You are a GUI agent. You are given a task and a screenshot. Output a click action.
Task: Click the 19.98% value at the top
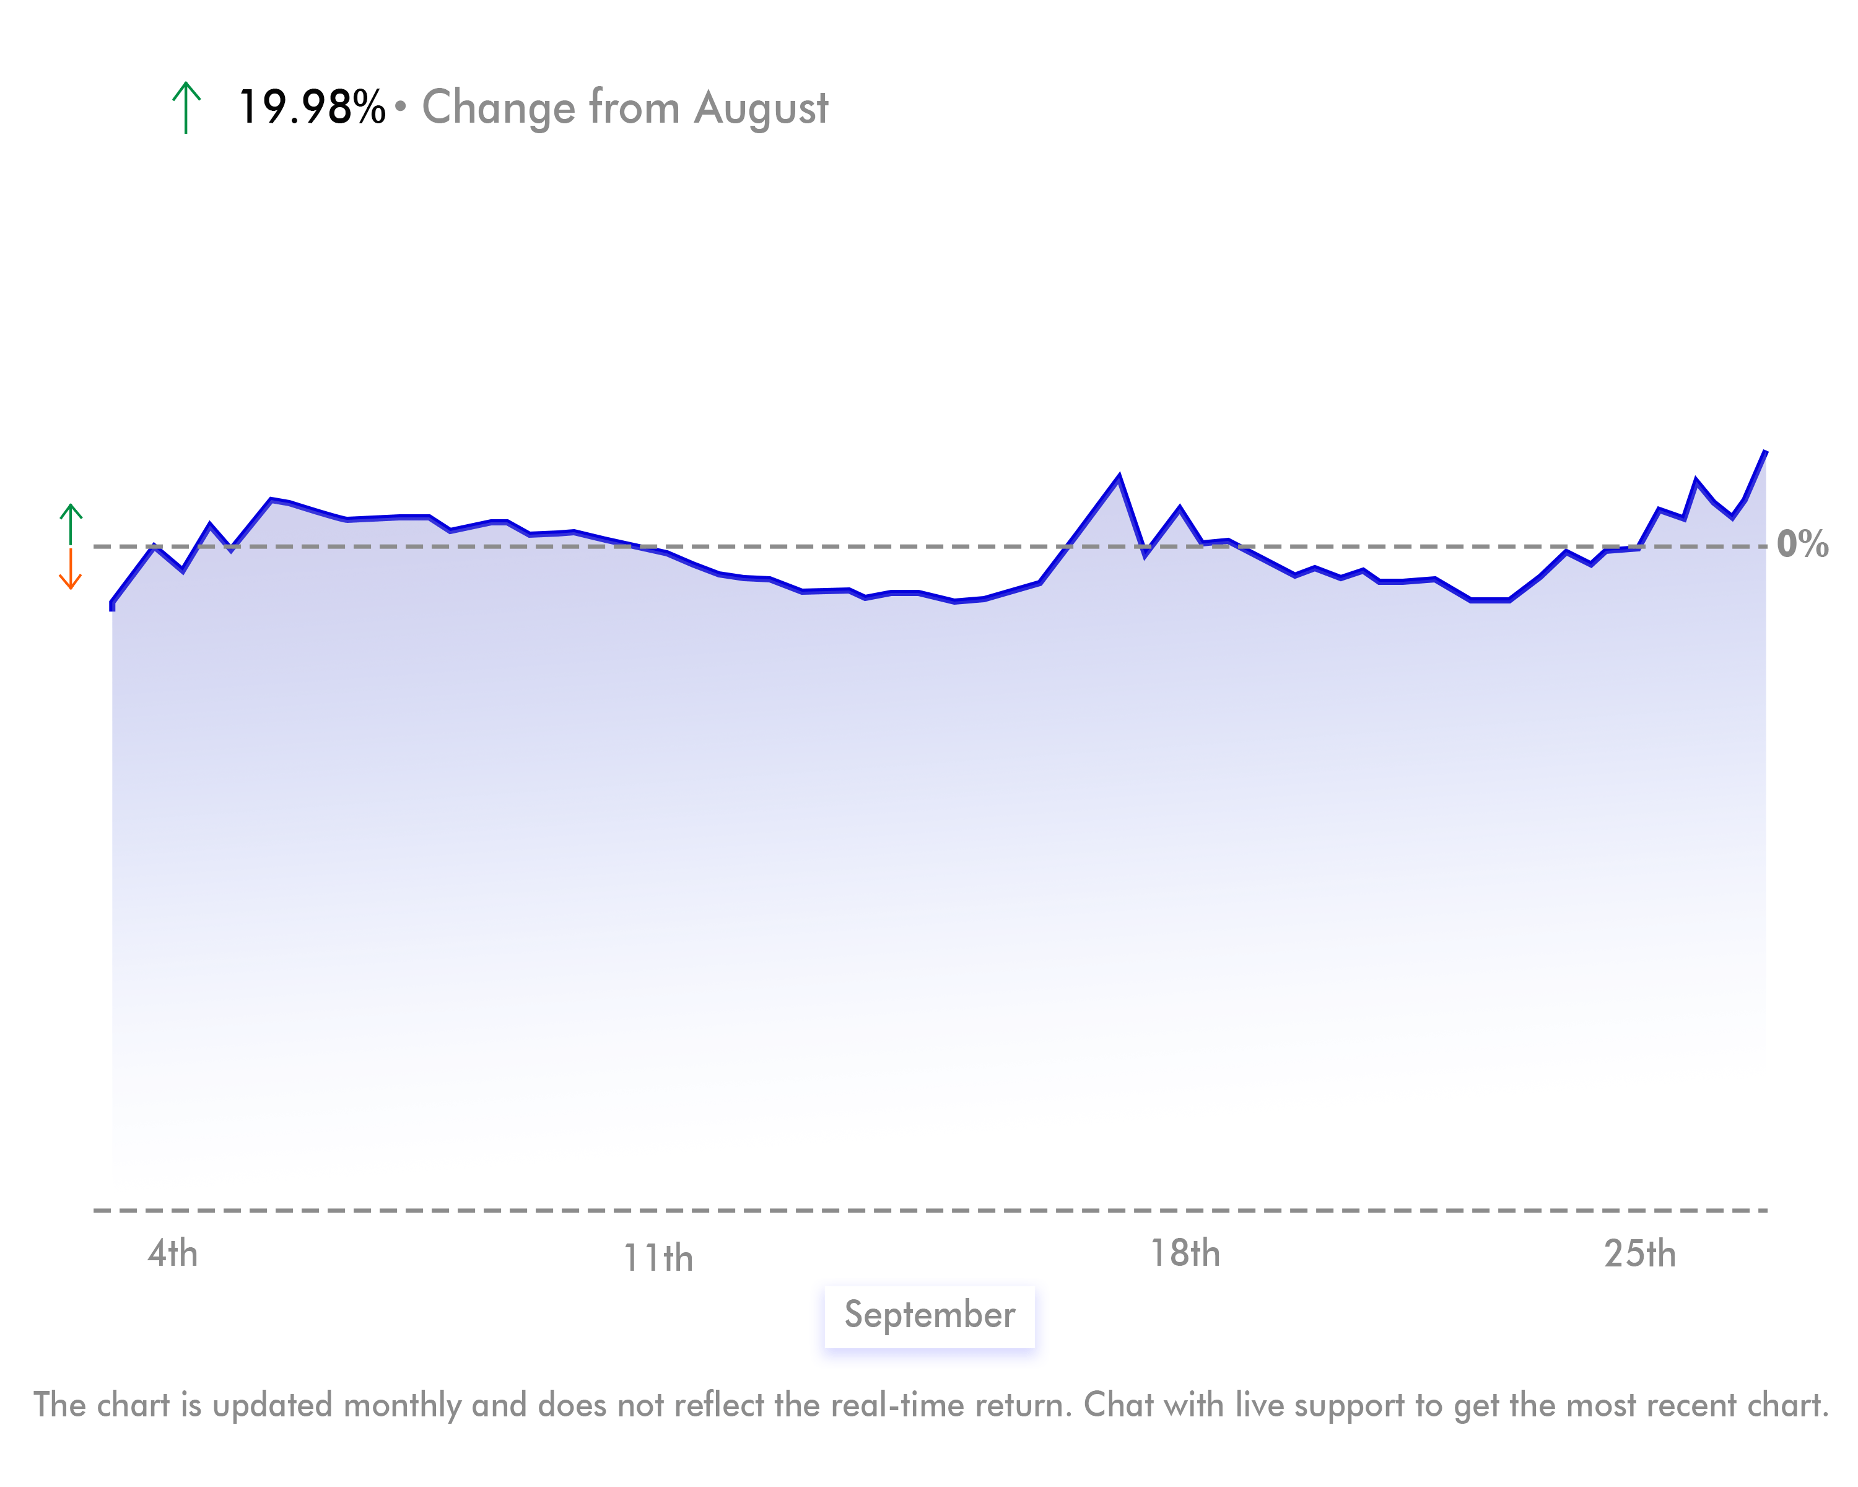(311, 108)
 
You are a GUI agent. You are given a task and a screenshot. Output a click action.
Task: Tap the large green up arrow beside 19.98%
(186, 108)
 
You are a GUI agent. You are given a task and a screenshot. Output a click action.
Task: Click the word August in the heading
(761, 108)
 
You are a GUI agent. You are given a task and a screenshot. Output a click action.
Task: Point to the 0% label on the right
(1802, 544)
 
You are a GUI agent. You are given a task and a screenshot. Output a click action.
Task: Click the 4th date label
(172, 1253)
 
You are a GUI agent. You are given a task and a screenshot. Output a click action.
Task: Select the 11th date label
(658, 1258)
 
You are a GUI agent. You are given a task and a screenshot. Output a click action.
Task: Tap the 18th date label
(1185, 1253)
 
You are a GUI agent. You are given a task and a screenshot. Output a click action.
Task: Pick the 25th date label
(1639, 1254)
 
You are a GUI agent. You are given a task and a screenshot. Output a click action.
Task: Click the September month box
(929, 1315)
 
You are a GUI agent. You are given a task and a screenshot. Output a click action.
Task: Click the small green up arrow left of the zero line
(71, 524)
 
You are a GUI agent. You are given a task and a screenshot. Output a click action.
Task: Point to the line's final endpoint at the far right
(1765, 452)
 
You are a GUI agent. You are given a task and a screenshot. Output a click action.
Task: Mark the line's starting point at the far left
(112, 605)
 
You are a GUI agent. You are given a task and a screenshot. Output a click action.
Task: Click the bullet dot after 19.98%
(400, 106)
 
